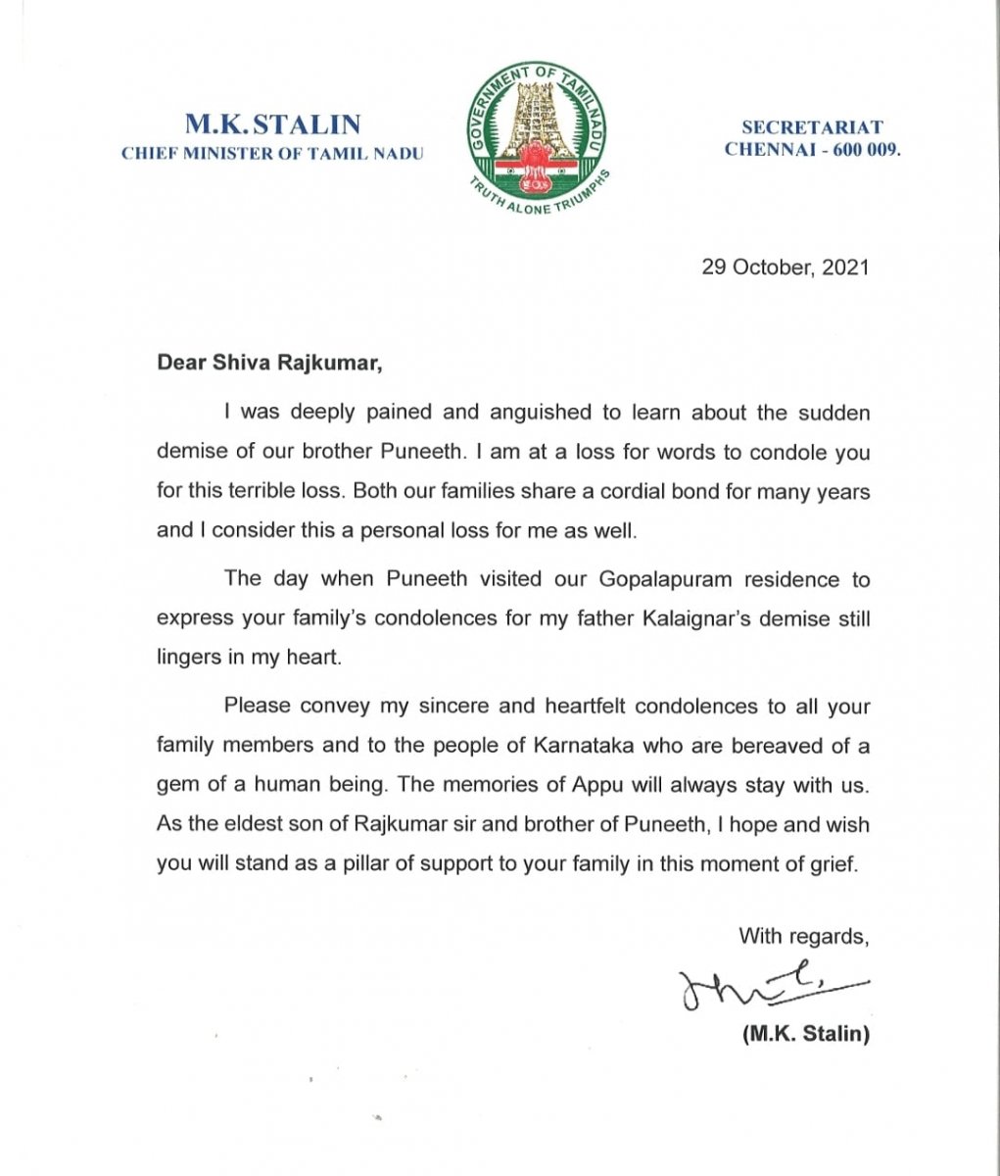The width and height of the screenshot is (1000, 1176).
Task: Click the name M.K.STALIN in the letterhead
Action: tap(273, 125)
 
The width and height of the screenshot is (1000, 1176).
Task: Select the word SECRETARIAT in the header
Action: tap(812, 127)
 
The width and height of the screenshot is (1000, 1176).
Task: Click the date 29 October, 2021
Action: tap(786, 267)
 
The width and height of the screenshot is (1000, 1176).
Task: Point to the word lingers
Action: tap(188, 658)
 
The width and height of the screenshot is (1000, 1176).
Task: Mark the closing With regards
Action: tap(803, 936)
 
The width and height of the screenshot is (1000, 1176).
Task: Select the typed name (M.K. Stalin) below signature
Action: tap(806, 1033)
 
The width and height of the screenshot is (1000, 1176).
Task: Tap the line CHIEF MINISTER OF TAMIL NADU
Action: tap(272, 154)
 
